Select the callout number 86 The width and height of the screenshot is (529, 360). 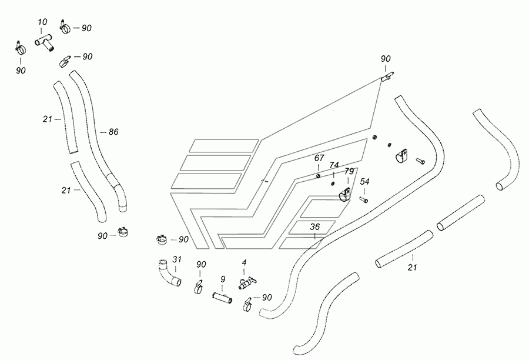tap(113, 132)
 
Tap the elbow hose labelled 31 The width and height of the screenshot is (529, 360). tap(169, 273)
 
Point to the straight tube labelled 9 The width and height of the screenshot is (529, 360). tap(222, 298)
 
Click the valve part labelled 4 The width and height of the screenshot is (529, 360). tap(247, 283)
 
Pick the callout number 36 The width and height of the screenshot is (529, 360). tap(314, 226)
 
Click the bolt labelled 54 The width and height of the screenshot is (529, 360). tap(364, 200)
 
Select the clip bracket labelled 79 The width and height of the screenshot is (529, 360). tap(345, 195)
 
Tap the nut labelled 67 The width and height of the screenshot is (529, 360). tap(318, 176)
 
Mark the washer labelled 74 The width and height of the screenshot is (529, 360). tap(333, 184)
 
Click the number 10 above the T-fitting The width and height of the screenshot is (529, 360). tap(42, 22)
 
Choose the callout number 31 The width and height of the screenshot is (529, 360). tap(177, 259)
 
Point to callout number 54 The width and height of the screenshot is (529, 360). tap(364, 182)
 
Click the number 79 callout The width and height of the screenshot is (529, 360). tap(349, 171)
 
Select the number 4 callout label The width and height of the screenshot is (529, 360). tap(245, 262)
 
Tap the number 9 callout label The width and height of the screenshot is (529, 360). tap(223, 279)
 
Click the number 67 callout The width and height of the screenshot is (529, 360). tap(319, 158)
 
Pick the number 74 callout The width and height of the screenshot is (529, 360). tap(334, 165)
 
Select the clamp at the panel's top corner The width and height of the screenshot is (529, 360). tap(387, 76)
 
